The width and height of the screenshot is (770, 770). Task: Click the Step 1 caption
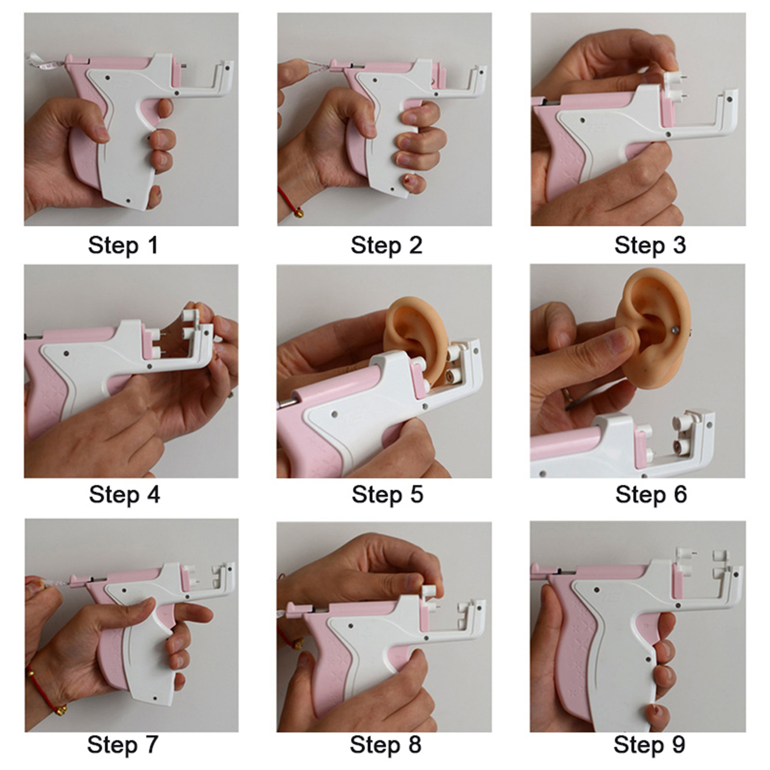123,245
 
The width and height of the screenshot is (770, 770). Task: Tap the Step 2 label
386,245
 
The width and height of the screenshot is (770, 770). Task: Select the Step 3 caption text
650,245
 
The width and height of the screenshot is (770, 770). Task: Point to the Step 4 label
124,495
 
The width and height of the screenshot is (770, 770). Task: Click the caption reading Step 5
387,495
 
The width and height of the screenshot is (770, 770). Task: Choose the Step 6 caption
651,495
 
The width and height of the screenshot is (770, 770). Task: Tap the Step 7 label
122,745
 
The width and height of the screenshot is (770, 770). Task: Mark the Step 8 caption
385,745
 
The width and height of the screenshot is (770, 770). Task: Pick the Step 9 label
649,745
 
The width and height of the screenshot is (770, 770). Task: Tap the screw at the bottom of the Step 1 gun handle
128,200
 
